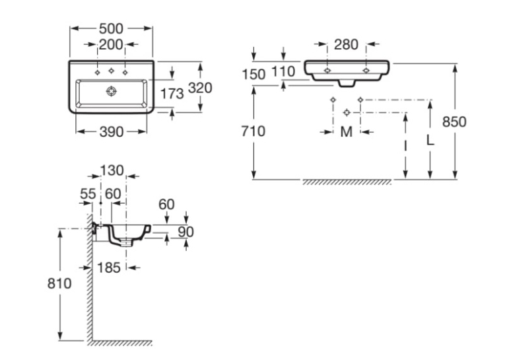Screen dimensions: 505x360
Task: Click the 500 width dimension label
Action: point(111,28)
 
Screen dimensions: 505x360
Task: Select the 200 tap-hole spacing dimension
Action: point(111,44)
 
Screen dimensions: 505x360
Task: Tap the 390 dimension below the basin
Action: point(112,131)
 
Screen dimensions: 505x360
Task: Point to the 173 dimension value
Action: point(172,94)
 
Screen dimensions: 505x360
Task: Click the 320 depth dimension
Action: point(200,88)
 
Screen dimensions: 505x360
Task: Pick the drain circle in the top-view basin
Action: point(111,91)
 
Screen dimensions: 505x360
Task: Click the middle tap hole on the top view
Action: point(111,71)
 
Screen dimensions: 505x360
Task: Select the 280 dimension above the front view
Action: point(346,44)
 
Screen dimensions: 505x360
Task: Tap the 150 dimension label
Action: point(253,75)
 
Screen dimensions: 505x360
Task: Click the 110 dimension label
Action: point(283,71)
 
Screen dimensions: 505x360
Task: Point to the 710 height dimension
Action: point(253,131)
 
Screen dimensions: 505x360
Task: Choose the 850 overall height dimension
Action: point(454,122)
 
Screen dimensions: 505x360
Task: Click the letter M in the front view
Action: point(347,132)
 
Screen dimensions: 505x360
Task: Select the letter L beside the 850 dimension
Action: point(430,140)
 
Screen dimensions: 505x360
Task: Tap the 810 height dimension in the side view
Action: point(59,283)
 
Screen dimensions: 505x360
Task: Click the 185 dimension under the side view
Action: point(109,268)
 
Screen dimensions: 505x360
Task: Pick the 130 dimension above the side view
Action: point(112,170)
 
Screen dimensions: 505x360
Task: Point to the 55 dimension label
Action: point(88,194)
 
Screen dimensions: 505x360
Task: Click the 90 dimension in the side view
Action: point(186,232)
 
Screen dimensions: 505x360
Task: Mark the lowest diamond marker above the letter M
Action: point(347,112)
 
